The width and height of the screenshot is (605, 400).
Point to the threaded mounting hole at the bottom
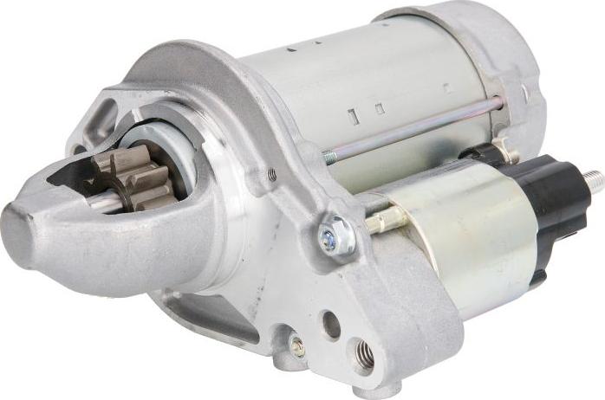(x=363, y=353)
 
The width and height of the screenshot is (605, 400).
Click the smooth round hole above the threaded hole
(x=331, y=324)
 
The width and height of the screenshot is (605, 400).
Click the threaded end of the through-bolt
(x=330, y=158)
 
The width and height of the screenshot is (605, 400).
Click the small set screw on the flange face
(x=272, y=175)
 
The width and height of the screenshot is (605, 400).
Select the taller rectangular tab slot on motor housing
(x=352, y=117)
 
